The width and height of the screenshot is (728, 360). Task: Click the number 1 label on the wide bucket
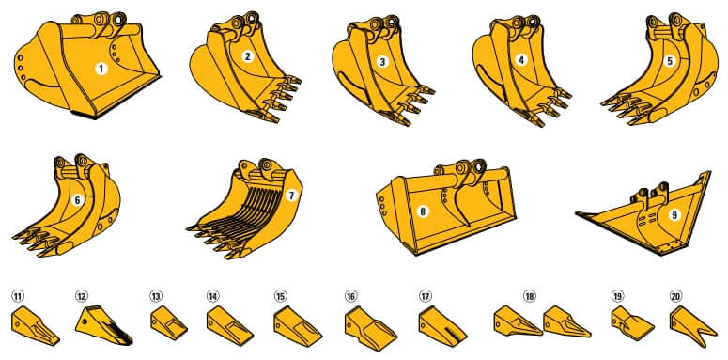[101, 68]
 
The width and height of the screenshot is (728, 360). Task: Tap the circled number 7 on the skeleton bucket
[292, 196]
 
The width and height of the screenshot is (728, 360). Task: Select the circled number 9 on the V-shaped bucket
[674, 214]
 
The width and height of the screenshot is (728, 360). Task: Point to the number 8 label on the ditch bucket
[423, 211]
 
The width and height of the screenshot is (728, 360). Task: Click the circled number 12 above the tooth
[82, 296]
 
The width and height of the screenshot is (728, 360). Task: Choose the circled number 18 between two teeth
[530, 296]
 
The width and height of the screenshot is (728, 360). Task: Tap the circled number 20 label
[676, 295]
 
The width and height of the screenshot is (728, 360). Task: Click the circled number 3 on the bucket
[382, 62]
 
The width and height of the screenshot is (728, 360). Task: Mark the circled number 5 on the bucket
[669, 61]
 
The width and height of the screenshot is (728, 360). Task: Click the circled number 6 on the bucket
[78, 199]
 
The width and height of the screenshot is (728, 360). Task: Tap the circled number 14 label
[213, 296]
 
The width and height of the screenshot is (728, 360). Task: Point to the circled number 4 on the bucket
[521, 59]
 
